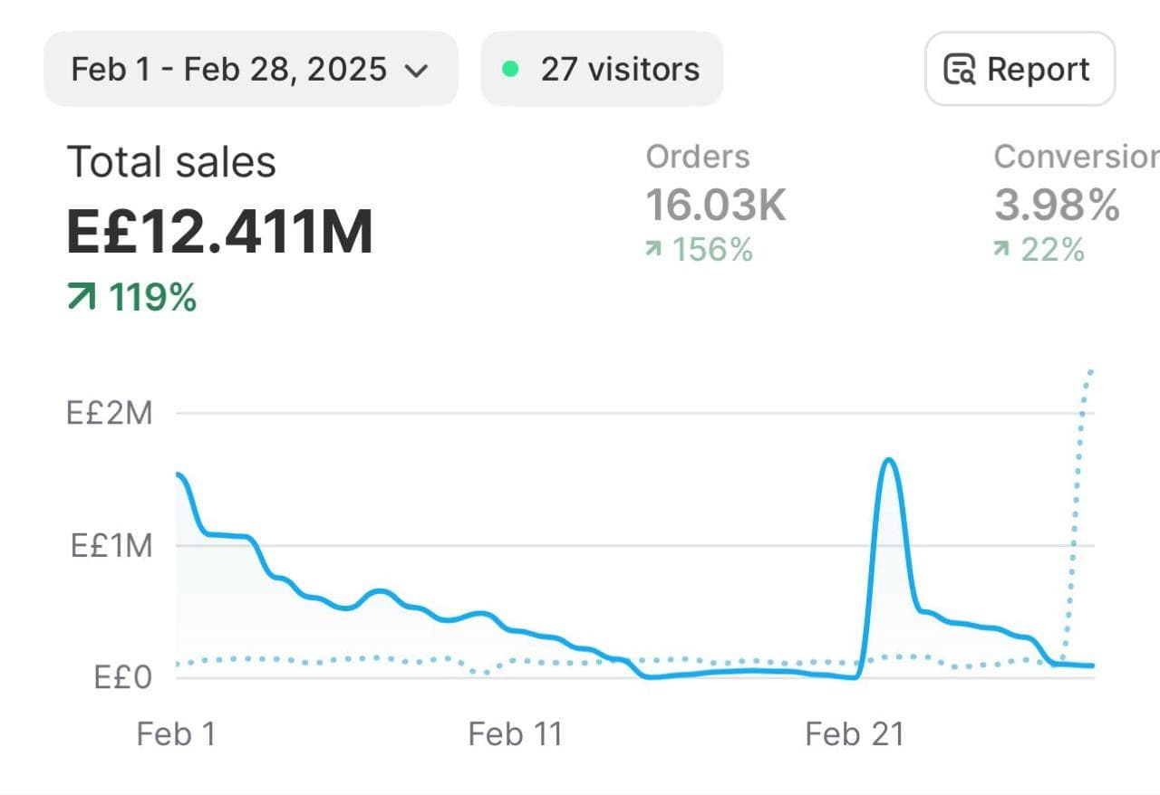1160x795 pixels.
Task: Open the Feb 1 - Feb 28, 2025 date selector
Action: point(249,69)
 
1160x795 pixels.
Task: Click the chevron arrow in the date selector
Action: point(416,71)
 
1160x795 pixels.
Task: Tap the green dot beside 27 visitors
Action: point(510,69)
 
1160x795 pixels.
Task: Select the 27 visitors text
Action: point(620,69)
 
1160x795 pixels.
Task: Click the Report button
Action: point(1020,69)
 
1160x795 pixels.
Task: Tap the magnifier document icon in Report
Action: point(960,70)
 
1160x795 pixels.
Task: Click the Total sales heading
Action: point(171,163)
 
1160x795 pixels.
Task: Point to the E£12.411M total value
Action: point(220,231)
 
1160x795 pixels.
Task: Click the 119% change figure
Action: point(152,297)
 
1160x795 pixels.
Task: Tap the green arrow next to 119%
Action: point(82,296)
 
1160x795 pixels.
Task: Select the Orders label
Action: point(698,157)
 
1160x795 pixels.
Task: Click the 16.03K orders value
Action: point(715,205)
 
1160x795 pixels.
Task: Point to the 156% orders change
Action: point(712,249)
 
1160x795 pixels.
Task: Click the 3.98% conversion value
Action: point(1057,205)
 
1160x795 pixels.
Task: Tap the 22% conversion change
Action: point(1052,249)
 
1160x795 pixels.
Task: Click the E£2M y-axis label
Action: point(110,414)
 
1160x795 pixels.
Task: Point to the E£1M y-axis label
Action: point(111,546)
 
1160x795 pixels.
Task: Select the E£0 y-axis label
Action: point(122,677)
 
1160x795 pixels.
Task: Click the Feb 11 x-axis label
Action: point(515,733)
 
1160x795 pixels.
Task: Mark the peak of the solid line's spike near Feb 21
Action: point(889,460)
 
